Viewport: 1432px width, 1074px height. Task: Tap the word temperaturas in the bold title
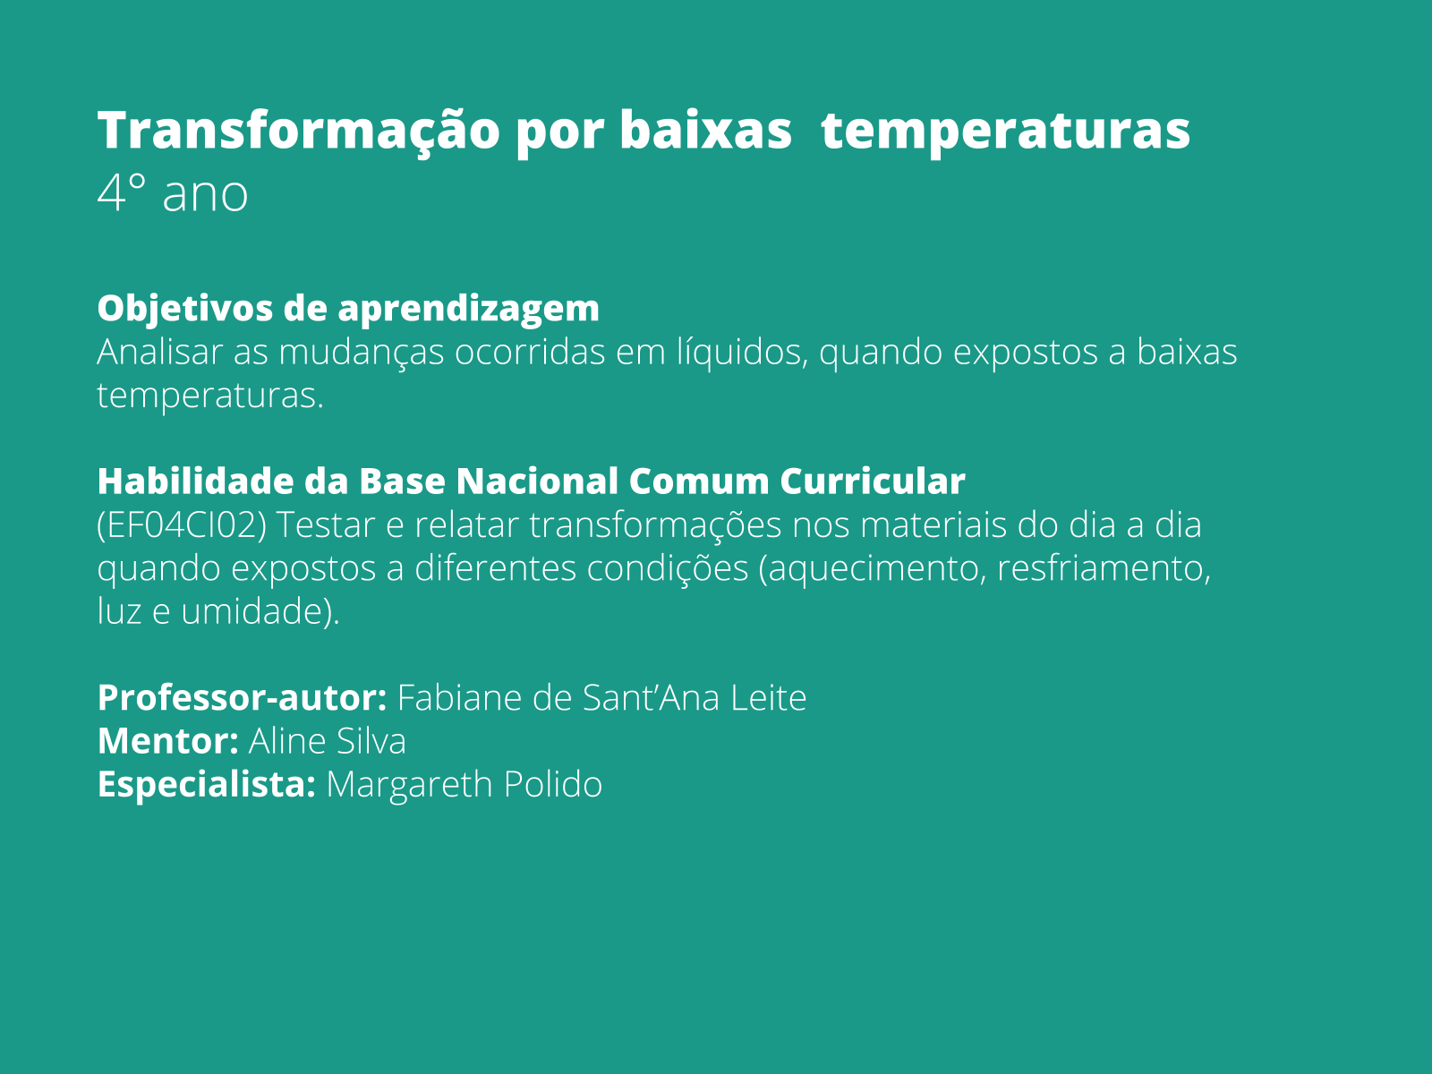pyautogui.click(x=1005, y=131)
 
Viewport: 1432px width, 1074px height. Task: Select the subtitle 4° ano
pyautogui.click(x=172, y=193)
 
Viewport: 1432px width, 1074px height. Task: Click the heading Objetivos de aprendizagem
pyautogui.click(x=348, y=308)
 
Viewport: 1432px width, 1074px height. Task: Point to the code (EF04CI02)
pyautogui.click(x=182, y=525)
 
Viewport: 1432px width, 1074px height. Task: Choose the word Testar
pyautogui.click(x=325, y=525)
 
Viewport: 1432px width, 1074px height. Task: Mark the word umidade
pyautogui.click(x=251, y=612)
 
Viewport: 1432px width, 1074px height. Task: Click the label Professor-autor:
pyautogui.click(x=242, y=698)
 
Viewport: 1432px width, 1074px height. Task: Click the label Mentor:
pyautogui.click(x=167, y=741)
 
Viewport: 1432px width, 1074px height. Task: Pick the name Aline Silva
pyautogui.click(x=328, y=741)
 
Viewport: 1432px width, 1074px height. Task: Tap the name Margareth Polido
pyautogui.click(x=464, y=785)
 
